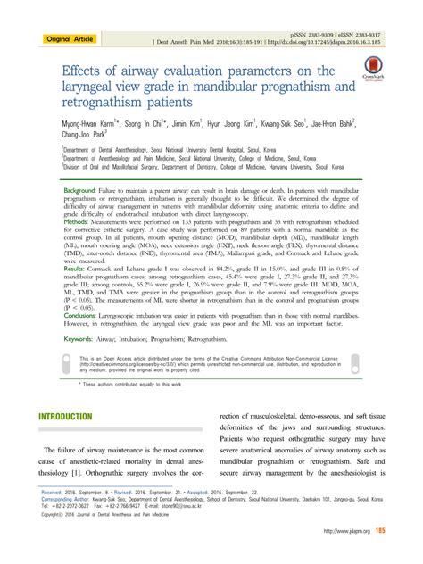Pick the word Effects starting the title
point(84,70)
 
